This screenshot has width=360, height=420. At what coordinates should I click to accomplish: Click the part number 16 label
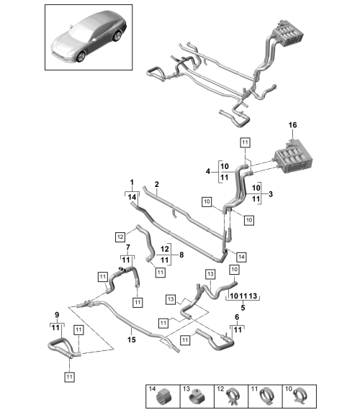[292, 125]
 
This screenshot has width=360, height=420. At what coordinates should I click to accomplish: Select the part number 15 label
[132, 339]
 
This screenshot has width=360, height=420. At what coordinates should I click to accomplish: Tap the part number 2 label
[157, 184]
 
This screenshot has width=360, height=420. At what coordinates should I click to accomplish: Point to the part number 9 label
[57, 315]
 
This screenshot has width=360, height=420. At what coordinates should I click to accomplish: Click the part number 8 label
[181, 255]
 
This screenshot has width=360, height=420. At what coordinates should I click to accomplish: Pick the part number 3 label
[271, 194]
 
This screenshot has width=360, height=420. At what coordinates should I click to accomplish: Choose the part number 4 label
[208, 171]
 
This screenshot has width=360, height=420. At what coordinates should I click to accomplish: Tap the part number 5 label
[243, 308]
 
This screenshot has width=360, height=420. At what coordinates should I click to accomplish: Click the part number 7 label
[128, 247]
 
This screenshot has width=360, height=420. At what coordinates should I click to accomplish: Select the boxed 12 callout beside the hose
[120, 237]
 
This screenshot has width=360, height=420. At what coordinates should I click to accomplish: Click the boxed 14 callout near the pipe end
[241, 257]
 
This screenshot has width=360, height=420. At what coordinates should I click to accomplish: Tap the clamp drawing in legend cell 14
[163, 397]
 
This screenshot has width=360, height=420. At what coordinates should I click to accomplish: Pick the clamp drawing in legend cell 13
[197, 397]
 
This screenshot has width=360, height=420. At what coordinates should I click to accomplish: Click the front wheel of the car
[81, 57]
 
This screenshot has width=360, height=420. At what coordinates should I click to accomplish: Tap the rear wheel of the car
[117, 36]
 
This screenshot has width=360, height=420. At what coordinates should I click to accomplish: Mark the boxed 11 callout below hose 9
[69, 377]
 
